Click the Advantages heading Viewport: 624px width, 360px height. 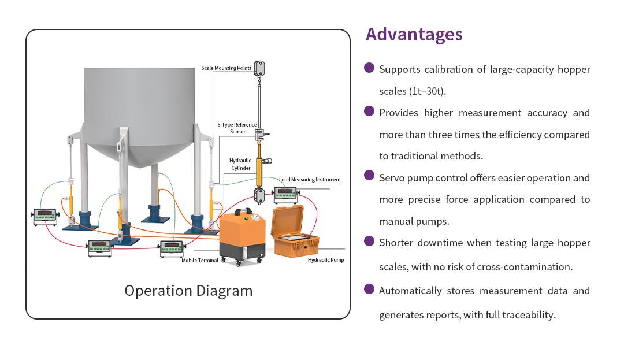414,35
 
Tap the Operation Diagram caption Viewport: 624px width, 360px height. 188,291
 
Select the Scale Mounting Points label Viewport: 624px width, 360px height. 226,68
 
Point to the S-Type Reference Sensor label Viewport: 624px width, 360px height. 237,128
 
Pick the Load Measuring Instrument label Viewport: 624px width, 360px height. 310,180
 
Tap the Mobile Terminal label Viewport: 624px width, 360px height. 200,261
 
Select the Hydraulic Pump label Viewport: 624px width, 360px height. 326,260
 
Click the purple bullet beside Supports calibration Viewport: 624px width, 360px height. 369,68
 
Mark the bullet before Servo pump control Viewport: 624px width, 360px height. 369,176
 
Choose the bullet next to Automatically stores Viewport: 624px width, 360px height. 369,288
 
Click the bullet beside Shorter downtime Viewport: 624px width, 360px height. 369,241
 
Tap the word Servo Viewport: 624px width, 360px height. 391,178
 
